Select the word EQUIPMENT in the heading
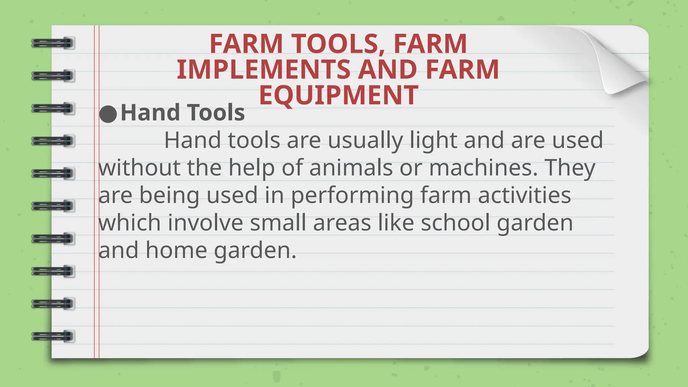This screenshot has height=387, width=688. pyautogui.click(x=339, y=95)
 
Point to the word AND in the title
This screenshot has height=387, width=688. pyautogui.click(x=388, y=70)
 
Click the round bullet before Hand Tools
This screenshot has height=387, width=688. pyautogui.click(x=108, y=114)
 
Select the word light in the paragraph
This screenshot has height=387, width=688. pyautogui.click(x=433, y=140)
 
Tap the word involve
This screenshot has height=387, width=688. pyautogui.click(x=205, y=223)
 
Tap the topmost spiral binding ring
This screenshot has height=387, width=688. pyautogui.click(x=53, y=43)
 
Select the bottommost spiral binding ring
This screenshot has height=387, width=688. pyautogui.click(x=53, y=336)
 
